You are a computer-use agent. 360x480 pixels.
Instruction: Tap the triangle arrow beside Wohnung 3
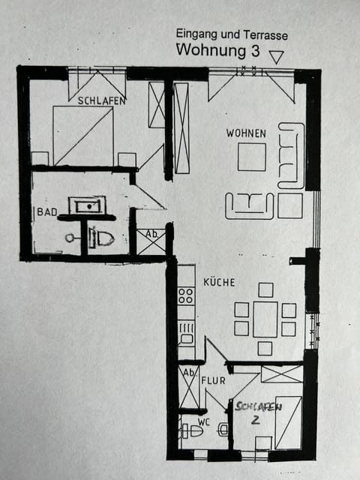[x=276, y=57]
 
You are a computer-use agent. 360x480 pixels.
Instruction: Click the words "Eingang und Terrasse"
[x=232, y=34]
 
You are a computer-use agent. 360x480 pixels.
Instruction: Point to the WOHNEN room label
[x=246, y=133]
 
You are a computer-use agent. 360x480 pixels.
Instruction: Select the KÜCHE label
[x=219, y=283]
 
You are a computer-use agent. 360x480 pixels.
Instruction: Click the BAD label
[x=47, y=212]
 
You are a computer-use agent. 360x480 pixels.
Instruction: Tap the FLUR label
[x=213, y=380]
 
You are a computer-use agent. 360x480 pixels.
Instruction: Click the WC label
[x=204, y=421]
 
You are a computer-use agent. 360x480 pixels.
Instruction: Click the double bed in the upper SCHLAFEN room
[x=82, y=135]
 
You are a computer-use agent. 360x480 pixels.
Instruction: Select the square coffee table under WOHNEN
[x=252, y=157]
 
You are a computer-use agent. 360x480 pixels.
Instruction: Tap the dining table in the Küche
[x=265, y=319]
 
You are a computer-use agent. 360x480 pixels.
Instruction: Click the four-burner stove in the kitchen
[x=186, y=296]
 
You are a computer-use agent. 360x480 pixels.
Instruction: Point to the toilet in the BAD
[x=100, y=238]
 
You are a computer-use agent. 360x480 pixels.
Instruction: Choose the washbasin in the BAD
[x=83, y=204]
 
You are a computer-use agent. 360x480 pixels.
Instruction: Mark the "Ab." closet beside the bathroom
[x=151, y=240]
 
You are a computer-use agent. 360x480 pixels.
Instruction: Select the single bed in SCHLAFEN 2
[x=288, y=421]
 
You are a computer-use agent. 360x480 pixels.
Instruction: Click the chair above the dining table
[x=265, y=289]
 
